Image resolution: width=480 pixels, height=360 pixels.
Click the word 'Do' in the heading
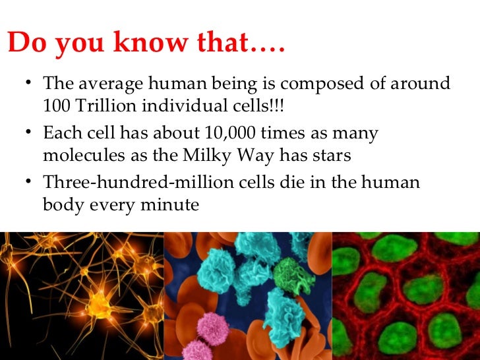click(x=26, y=44)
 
